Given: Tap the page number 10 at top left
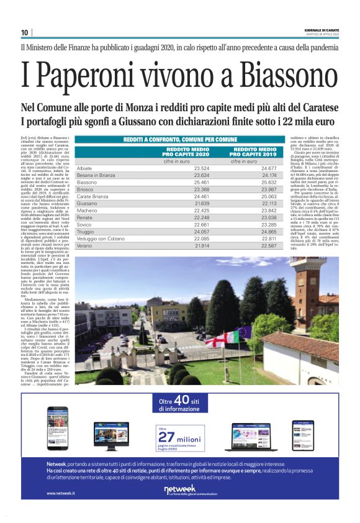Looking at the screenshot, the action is (24, 32).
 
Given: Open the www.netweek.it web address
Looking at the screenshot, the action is (60, 493).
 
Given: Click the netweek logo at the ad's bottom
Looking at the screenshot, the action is (181, 491).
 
